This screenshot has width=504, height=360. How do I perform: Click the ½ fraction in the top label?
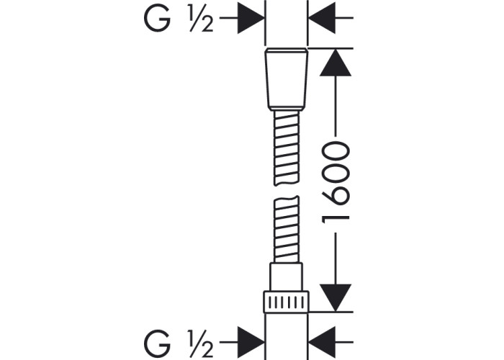(201, 19)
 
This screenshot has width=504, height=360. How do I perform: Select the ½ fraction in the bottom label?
(201, 344)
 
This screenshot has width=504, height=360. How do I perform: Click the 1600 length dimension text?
(336, 183)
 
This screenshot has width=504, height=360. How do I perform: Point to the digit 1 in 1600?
(336, 219)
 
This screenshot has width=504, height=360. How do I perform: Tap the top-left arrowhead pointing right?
(251, 18)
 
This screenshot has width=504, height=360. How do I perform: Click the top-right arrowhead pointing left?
(322, 18)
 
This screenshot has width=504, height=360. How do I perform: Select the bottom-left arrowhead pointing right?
(251, 342)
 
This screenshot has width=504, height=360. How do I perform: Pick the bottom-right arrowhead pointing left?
(322, 342)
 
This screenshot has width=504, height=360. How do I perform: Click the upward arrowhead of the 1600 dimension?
(336, 63)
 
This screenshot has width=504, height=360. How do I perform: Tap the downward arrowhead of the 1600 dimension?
(336, 298)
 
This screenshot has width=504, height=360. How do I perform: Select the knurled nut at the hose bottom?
(286, 302)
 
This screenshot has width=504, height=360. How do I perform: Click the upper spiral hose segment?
(287, 148)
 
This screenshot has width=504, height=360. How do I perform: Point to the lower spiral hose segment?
(287, 229)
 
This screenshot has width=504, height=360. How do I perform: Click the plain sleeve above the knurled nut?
(287, 277)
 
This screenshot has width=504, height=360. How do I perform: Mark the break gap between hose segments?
(287, 191)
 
